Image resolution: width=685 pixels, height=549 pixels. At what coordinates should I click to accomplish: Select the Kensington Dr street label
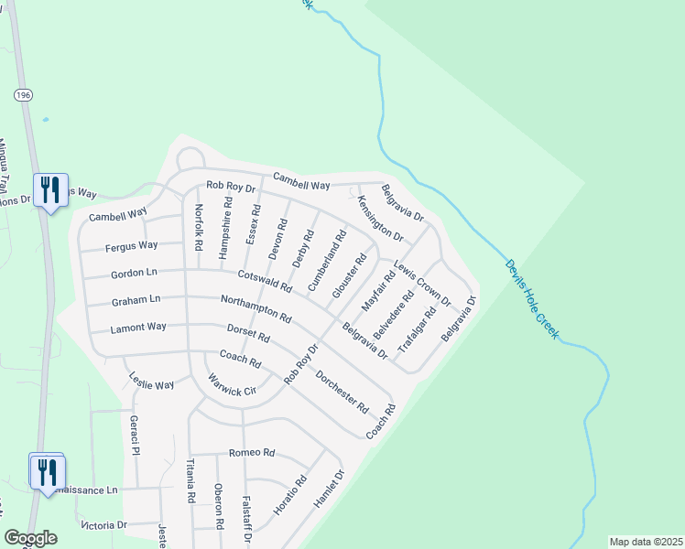click(380, 218)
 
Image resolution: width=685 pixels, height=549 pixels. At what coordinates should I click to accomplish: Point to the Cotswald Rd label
click(265, 280)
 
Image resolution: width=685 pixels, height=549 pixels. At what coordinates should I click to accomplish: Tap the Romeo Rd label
click(252, 453)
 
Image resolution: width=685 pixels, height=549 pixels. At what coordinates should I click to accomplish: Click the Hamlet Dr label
click(328, 490)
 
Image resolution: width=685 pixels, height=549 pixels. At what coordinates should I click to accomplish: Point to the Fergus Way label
click(132, 246)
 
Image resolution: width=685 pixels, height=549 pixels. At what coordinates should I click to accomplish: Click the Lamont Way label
click(138, 328)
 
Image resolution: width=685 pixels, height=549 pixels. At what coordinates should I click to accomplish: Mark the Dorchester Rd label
click(342, 391)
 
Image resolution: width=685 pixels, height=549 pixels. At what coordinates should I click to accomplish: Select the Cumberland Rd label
click(327, 261)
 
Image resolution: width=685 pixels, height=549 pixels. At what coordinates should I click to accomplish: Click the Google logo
click(30, 538)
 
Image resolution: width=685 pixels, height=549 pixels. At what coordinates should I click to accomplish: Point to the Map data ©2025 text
click(645, 542)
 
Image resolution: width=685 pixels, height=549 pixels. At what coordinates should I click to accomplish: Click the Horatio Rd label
click(290, 493)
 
